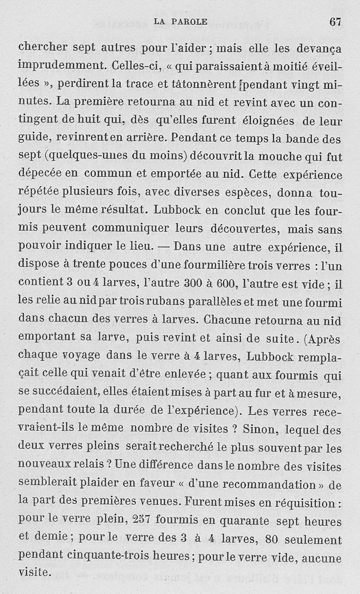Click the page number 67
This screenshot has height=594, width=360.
tap(335, 22)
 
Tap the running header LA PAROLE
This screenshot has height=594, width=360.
tap(180, 22)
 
